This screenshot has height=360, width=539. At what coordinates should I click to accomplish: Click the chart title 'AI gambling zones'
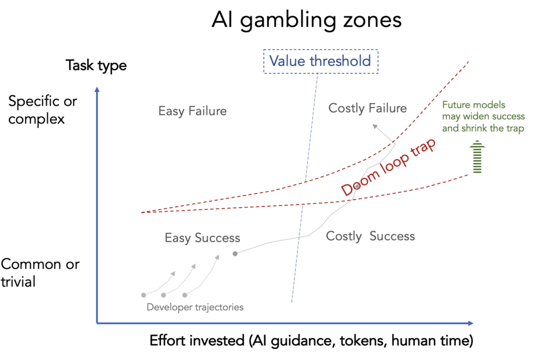coord(306,20)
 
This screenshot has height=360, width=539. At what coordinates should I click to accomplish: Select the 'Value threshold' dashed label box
coord(321,61)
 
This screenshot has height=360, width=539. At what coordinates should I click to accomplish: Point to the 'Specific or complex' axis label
coord(43,110)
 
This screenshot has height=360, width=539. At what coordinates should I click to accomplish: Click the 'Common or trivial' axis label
coord(40,273)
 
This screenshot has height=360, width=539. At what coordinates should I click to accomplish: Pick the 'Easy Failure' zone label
coord(193,111)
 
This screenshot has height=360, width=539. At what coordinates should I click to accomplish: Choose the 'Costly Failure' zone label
coord(367,108)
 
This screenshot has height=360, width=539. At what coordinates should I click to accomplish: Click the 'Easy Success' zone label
coord(202,238)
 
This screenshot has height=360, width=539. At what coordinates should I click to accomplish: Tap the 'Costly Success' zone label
coord(370,236)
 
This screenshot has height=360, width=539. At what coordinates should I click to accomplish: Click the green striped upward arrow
coord(477,156)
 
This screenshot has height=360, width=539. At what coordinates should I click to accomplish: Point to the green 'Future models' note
coord(483,116)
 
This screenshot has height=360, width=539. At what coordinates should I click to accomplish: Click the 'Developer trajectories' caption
coord(195,307)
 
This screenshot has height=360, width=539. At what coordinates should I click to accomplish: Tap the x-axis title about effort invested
coord(312,341)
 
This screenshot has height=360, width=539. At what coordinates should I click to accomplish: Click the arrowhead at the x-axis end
coord(471,323)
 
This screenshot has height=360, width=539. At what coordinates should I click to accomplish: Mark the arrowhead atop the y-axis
coord(97,89)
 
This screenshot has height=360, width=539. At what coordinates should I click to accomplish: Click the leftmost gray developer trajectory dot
coord(144,295)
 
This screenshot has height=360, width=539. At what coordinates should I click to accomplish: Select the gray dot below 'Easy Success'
coord(235,254)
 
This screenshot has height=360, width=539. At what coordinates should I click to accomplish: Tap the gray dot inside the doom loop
coord(357,186)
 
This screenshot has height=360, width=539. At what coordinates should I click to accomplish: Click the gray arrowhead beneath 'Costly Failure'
coord(375,126)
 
